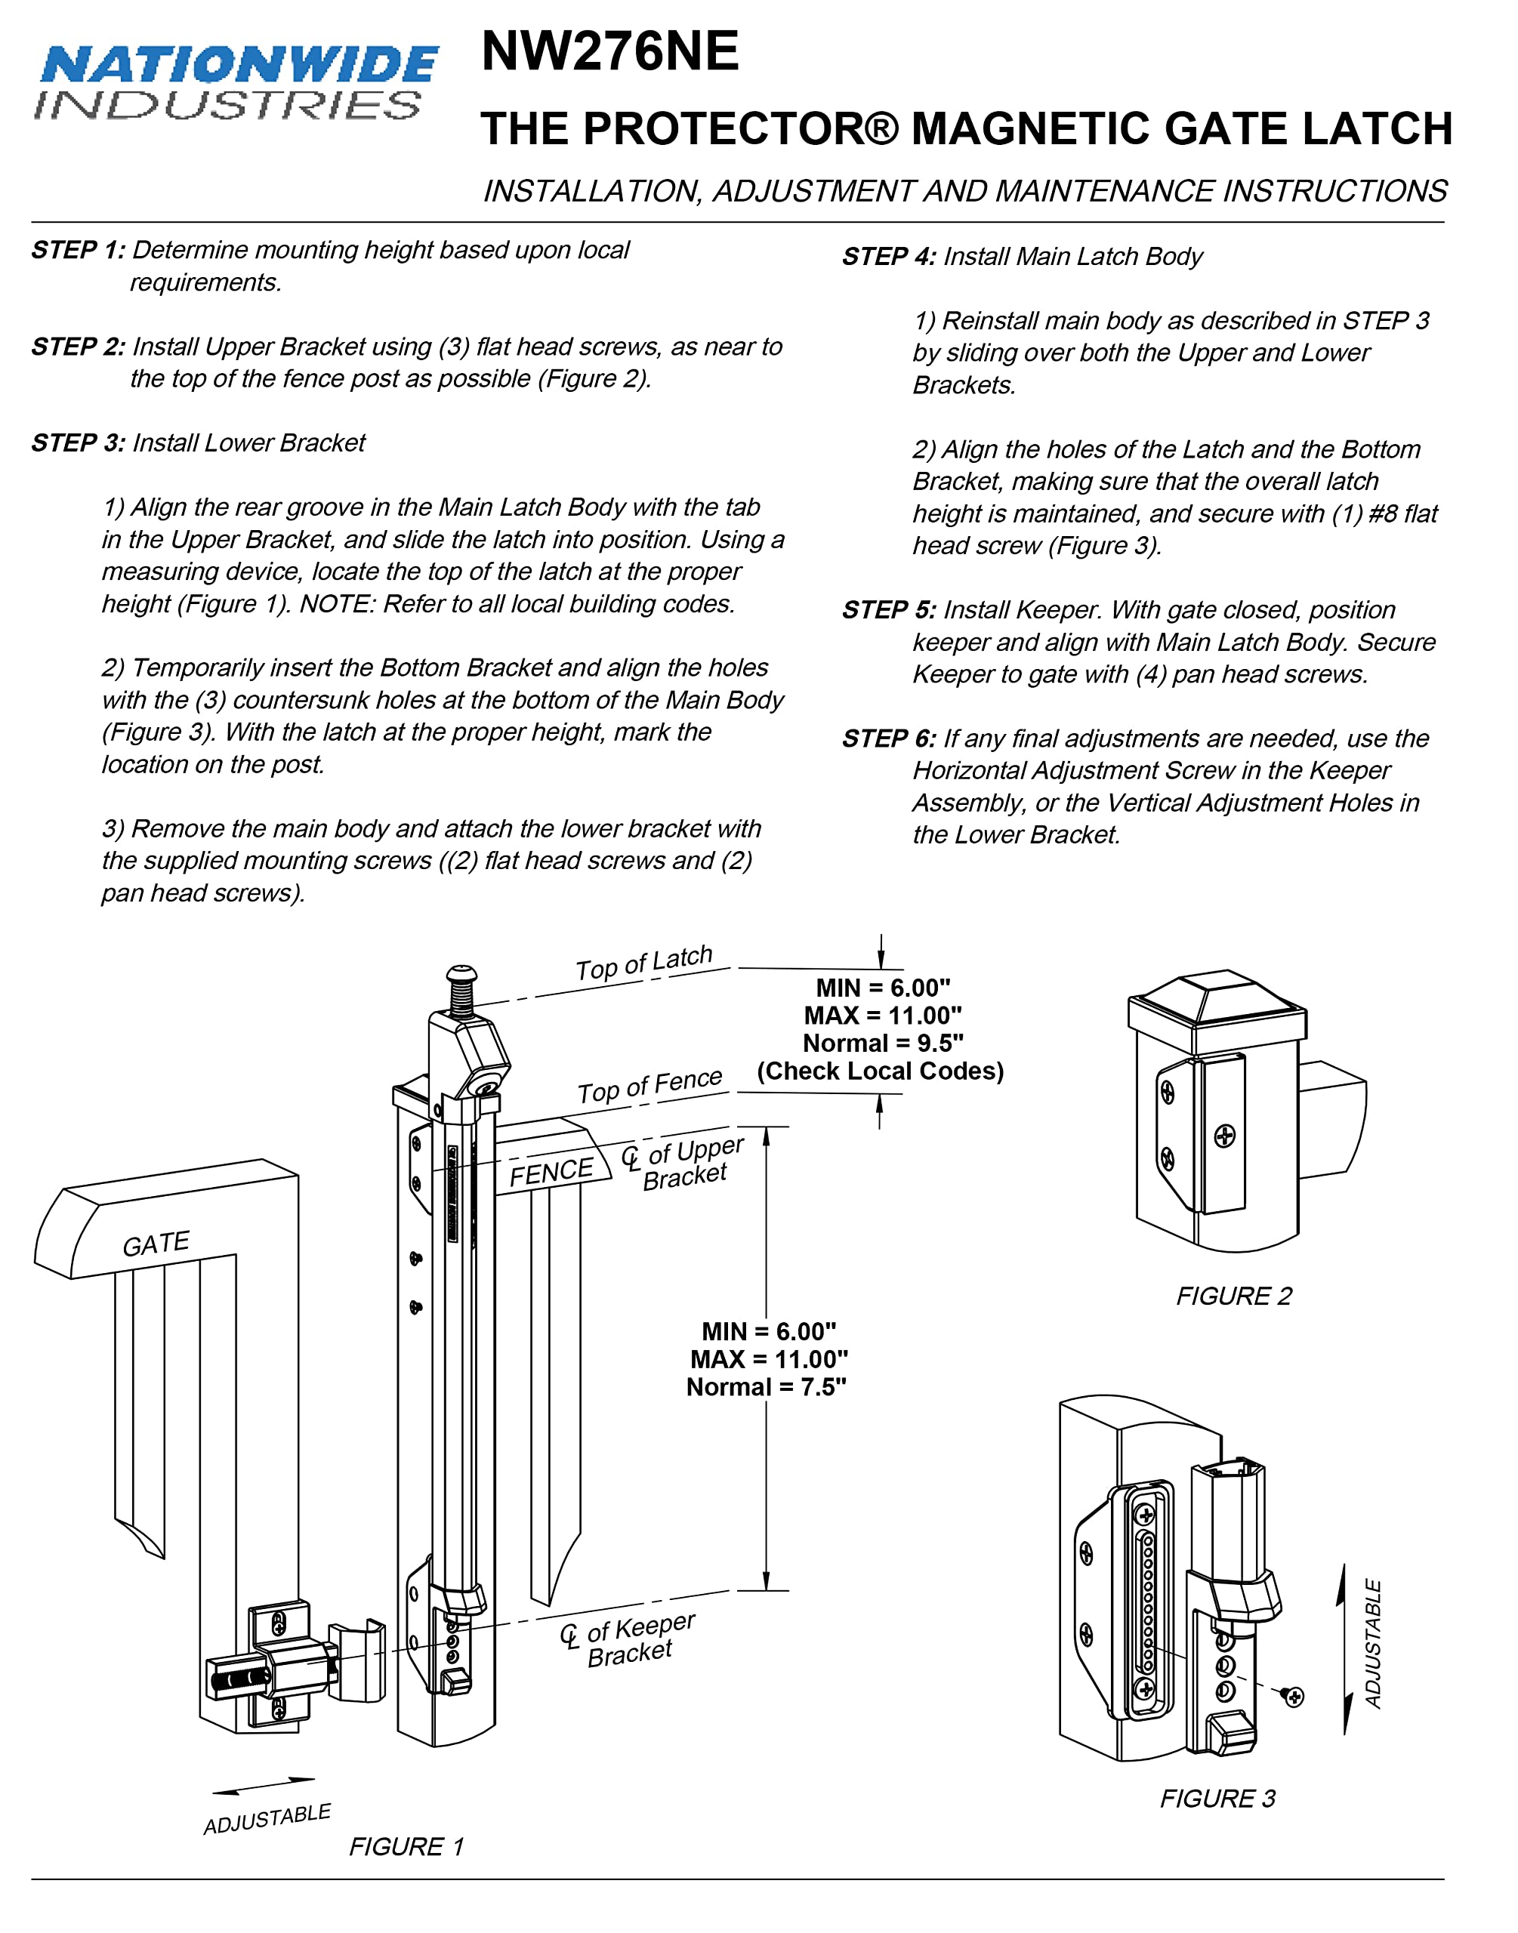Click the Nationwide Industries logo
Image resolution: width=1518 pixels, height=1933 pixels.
(x=236, y=82)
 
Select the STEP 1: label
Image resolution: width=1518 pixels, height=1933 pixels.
(x=79, y=251)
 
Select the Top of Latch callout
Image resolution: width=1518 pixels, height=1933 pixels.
(x=643, y=963)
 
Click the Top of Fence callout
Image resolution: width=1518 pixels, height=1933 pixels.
(x=649, y=1086)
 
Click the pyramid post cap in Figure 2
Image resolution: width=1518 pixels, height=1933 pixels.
(x=1217, y=997)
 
